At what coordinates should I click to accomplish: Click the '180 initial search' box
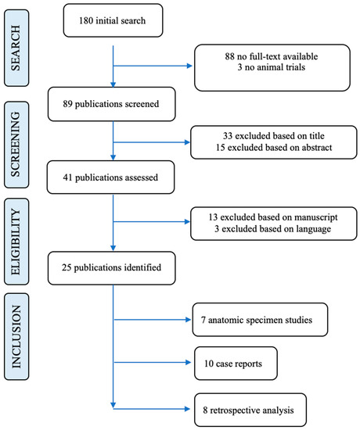point(113,20)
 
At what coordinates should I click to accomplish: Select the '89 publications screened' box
point(111,104)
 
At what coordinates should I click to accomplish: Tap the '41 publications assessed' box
point(110,177)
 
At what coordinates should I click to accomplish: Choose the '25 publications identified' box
point(111,268)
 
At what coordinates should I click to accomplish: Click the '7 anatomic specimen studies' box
point(260,320)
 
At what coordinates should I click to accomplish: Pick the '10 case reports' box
point(236,364)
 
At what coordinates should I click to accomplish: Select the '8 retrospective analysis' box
point(250,410)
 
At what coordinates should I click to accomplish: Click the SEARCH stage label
point(16,48)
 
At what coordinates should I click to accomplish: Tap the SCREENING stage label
point(16,145)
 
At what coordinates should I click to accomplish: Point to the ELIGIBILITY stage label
point(16,242)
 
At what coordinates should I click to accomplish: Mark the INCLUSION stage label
point(16,336)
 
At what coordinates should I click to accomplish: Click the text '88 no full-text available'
point(272,56)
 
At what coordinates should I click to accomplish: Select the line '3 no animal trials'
point(272,67)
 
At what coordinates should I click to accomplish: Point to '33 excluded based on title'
point(273,136)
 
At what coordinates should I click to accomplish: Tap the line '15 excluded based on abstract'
point(273,148)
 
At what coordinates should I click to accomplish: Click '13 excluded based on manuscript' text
point(273,217)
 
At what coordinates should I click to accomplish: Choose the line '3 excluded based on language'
point(272,229)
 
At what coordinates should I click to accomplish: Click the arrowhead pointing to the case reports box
point(188,363)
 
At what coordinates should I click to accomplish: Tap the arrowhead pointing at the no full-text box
point(189,66)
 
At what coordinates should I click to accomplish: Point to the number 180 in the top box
point(86,20)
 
